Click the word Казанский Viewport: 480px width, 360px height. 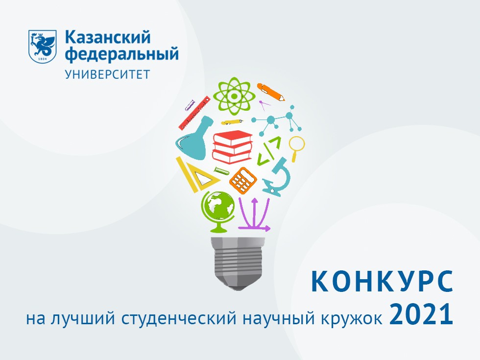(107, 37)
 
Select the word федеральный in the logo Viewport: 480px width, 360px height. (121, 54)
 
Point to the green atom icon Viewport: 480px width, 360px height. (234, 96)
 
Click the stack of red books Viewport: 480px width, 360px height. (232, 146)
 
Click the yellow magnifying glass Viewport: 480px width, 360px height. (296, 147)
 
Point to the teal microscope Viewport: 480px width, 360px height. (278, 177)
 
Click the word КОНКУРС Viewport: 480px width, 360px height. (382, 283)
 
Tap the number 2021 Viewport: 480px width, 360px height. (421, 315)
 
